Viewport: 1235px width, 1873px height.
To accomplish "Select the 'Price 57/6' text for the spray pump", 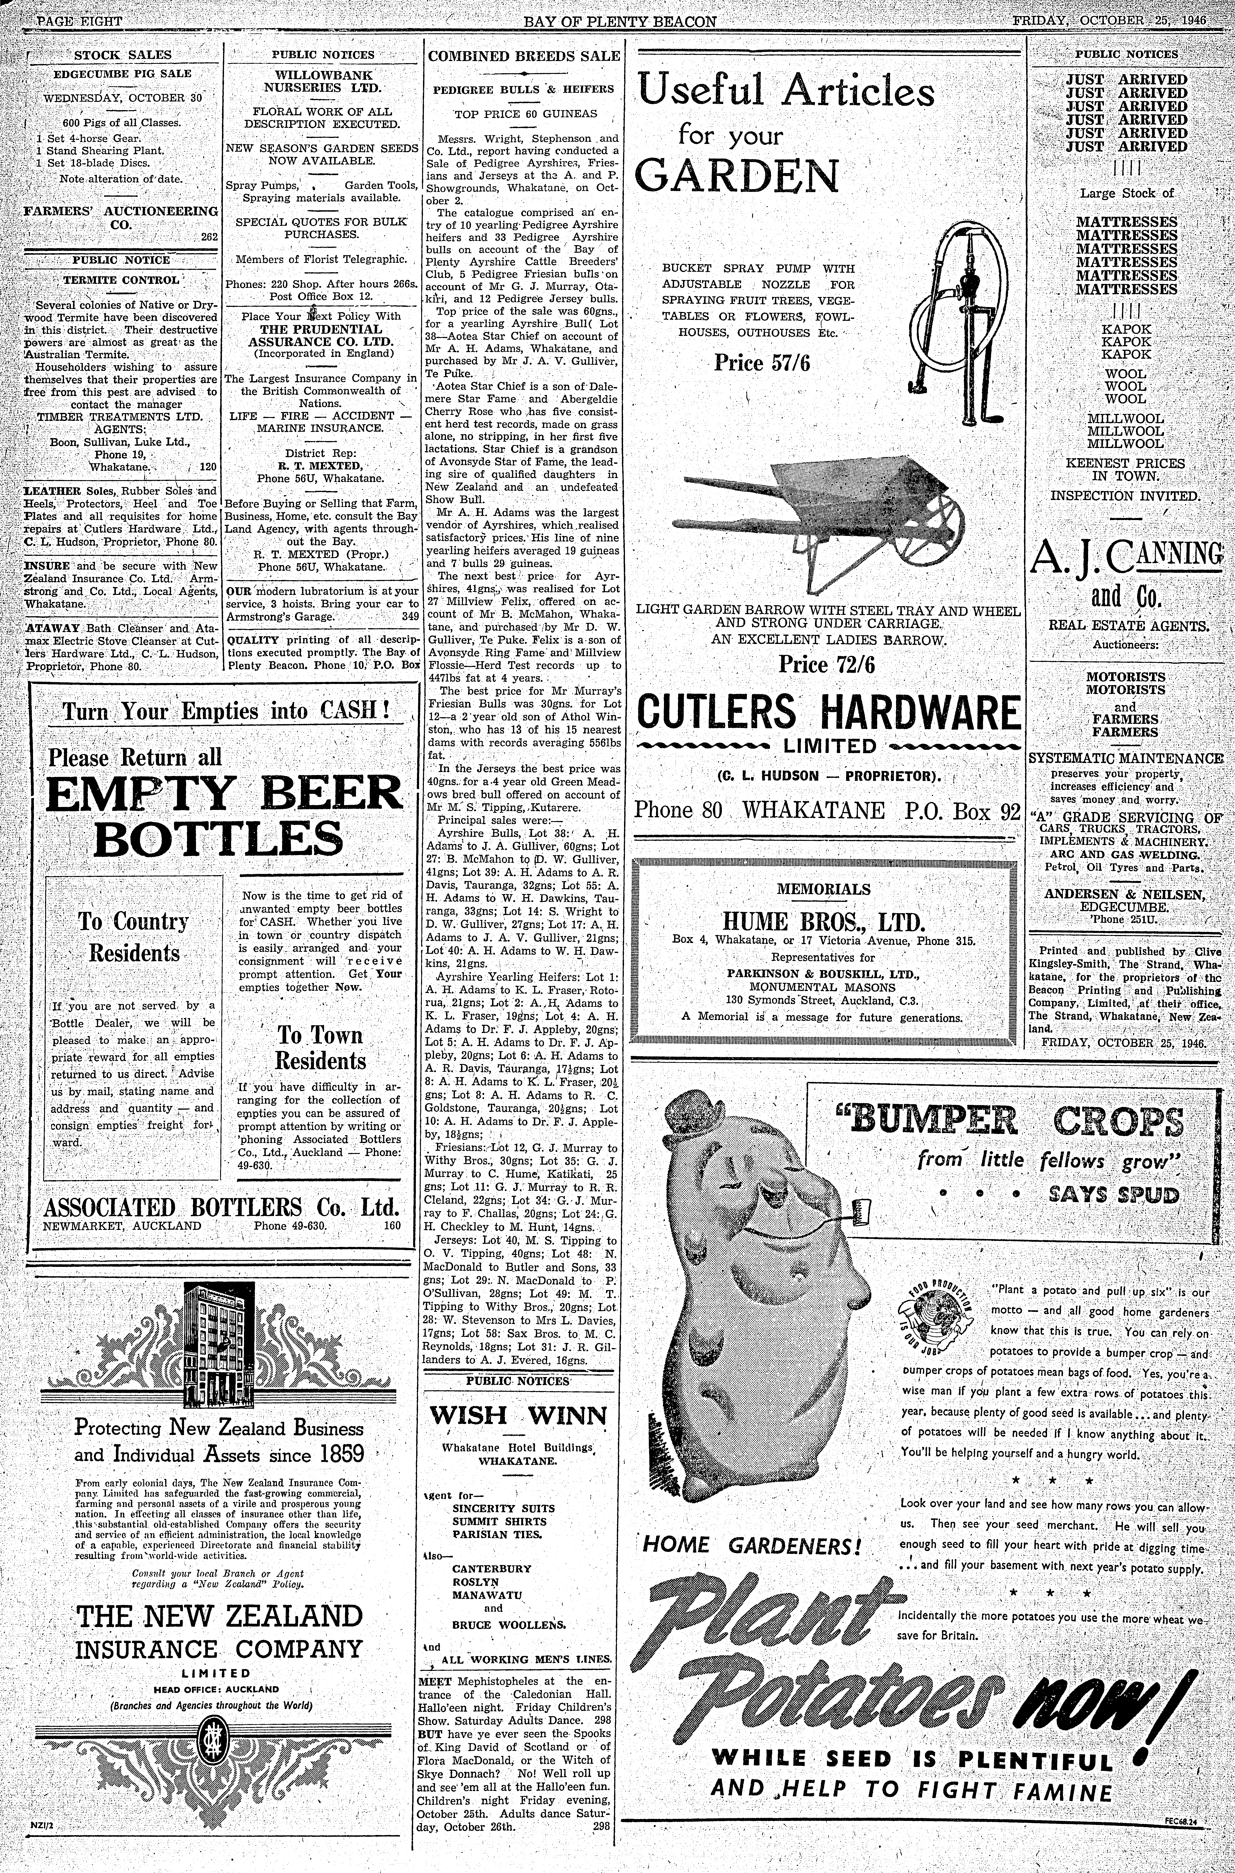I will tap(762, 363).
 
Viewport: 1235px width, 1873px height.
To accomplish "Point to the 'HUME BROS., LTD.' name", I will tap(823, 922).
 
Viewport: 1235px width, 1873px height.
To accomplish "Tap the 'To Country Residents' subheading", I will tap(134, 937).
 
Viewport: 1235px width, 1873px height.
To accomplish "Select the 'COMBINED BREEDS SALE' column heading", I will tap(524, 56).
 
